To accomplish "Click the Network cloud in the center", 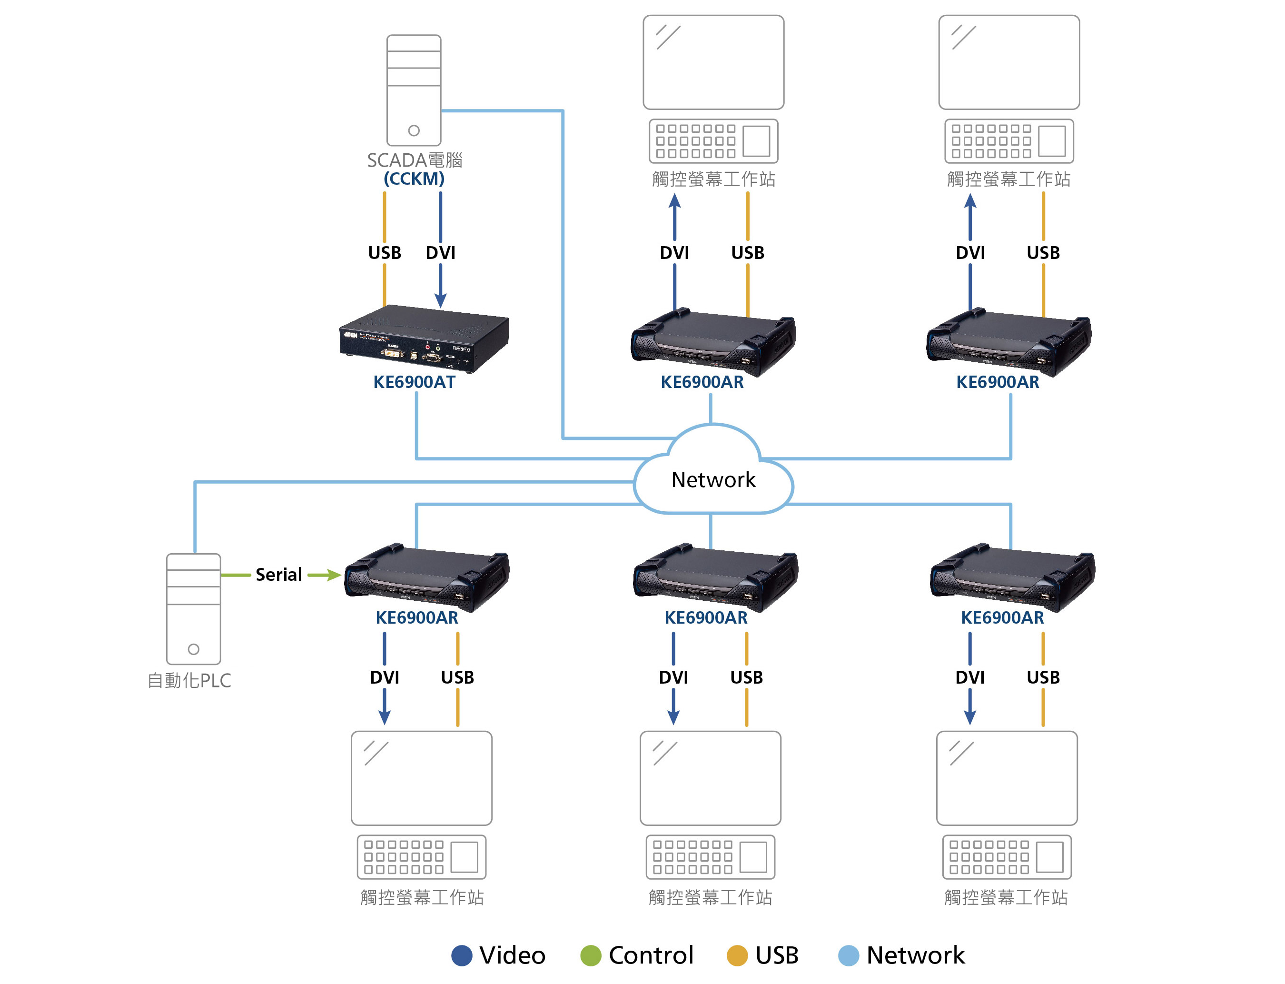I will [x=713, y=479].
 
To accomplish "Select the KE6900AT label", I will [x=414, y=382].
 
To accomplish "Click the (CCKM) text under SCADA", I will [x=414, y=179].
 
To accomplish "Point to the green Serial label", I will [x=279, y=575].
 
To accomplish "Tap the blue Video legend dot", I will [x=461, y=955].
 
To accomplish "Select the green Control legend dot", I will [x=591, y=955].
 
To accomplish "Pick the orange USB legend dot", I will [x=737, y=955].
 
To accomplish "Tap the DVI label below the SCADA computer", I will [x=440, y=252].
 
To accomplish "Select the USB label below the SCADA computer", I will [x=384, y=252].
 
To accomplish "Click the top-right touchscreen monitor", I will [x=1008, y=62].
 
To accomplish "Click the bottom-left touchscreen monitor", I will [x=421, y=778].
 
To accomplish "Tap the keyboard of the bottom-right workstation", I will [x=1006, y=857].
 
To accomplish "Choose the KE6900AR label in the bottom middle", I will [x=705, y=617].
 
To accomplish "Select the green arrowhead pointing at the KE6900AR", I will [x=334, y=575].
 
